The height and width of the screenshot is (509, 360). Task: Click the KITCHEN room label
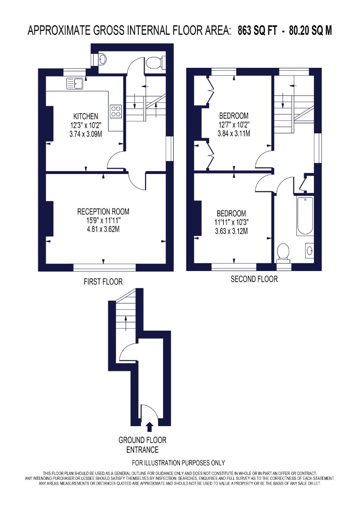click(x=85, y=116)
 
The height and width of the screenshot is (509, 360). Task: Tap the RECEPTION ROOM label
click(x=103, y=212)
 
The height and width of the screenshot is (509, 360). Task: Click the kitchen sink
click(x=75, y=83)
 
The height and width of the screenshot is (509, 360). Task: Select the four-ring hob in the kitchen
click(x=116, y=111)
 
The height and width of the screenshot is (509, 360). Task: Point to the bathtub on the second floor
click(x=305, y=216)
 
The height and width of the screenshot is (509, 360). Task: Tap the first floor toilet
click(x=156, y=63)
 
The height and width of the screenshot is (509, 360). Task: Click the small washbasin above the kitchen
click(x=101, y=60)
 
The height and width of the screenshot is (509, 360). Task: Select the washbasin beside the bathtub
click(x=310, y=250)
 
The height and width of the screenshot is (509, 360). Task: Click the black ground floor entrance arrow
click(x=149, y=427)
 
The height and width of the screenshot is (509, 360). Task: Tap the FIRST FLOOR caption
click(x=103, y=282)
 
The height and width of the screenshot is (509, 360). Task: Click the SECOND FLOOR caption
click(x=254, y=279)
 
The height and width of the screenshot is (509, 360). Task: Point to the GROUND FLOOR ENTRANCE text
click(x=142, y=445)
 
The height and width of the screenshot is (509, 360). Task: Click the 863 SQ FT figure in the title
click(x=257, y=31)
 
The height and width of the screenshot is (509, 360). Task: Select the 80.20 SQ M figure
click(x=311, y=31)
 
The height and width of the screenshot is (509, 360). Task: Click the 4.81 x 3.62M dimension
click(x=103, y=229)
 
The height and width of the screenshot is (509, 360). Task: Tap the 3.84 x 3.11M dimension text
click(x=234, y=133)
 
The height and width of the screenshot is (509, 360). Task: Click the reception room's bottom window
click(x=104, y=268)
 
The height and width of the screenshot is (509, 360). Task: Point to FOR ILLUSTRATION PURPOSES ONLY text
click(x=179, y=462)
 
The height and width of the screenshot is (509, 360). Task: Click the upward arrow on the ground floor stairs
click(x=126, y=323)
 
